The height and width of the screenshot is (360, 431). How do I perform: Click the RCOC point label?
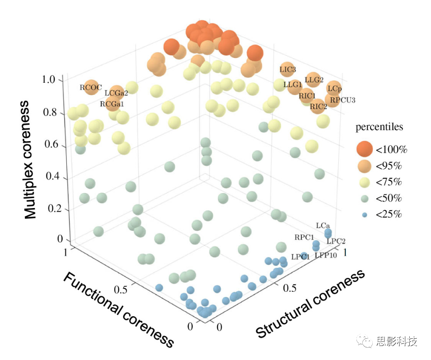tap(91, 88)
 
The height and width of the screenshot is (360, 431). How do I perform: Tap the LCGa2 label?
tap(116, 94)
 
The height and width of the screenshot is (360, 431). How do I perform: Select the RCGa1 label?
tap(112, 104)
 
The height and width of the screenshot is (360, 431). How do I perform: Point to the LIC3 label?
tap(288, 70)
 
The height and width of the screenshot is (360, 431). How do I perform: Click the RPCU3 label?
tap(342, 100)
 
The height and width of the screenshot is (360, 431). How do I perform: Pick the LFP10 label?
tap(326, 256)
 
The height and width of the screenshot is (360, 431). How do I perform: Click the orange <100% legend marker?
tap(364, 149)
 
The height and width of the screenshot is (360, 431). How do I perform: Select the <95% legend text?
tap(389, 166)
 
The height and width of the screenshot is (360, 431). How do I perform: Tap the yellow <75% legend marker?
tap(364, 182)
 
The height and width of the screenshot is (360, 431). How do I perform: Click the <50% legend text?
tap(389, 199)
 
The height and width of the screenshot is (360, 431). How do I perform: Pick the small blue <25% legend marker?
tap(364, 214)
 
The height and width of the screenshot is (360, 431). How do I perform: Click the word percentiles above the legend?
tap(379, 127)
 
